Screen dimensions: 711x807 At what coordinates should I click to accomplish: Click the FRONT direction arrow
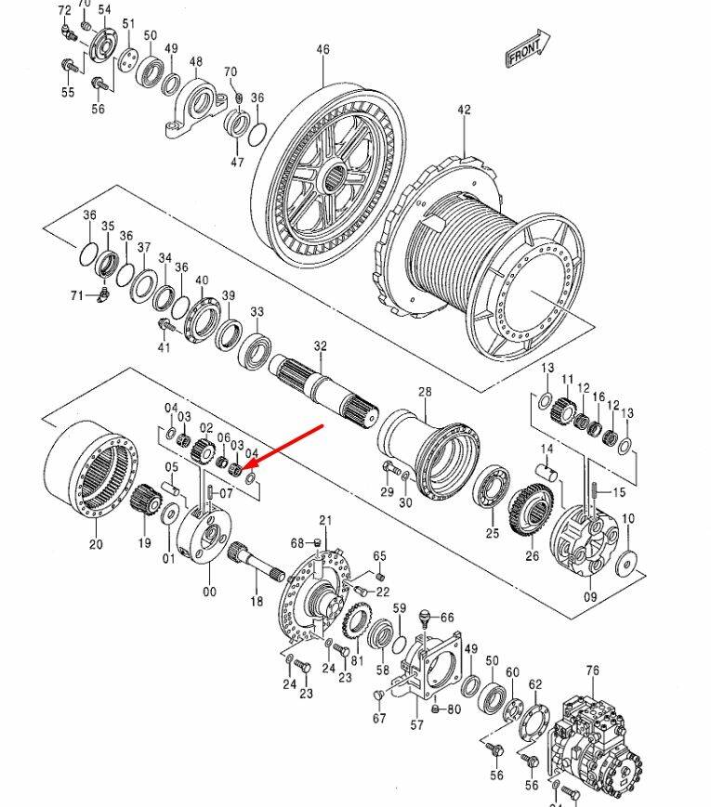[527, 48]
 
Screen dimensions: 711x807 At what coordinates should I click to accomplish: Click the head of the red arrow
[245, 467]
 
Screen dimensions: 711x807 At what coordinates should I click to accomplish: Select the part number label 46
[323, 49]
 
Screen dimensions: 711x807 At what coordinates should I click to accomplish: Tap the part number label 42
[464, 110]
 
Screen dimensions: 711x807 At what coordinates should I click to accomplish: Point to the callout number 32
[321, 345]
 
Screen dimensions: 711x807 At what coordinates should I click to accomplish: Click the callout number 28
[425, 392]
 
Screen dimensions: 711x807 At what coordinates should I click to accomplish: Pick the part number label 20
[96, 543]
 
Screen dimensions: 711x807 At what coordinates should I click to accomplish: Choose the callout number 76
[593, 670]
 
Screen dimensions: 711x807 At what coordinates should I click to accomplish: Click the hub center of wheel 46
[335, 177]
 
